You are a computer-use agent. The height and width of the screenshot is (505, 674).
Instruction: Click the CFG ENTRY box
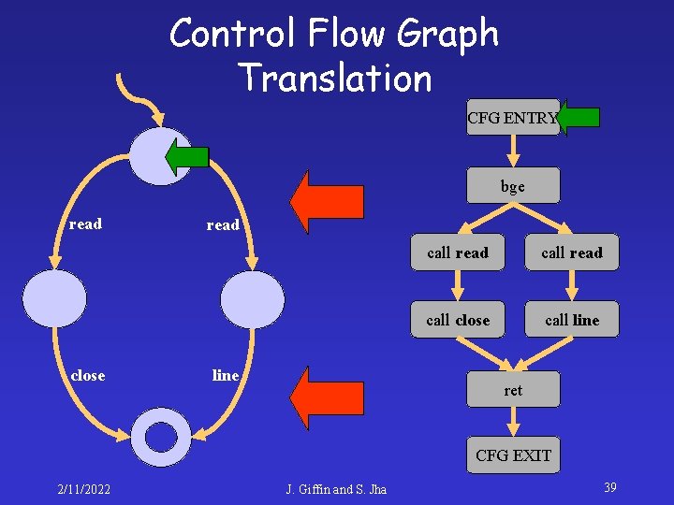click(512, 118)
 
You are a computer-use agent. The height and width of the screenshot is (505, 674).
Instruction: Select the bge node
click(513, 186)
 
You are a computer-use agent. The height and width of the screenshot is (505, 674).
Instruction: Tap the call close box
click(458, 320)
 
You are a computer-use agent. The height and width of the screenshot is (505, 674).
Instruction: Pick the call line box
click(572, 320)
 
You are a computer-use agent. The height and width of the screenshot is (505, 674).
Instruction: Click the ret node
click(513, 390)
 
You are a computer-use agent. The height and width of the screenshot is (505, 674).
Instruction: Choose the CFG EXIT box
click(513, 455)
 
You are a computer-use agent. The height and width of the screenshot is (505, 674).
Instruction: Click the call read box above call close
click(458, 252)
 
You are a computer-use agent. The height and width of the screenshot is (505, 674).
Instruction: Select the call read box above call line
click(572, 252)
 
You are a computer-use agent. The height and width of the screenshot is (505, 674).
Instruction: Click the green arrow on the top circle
click(187, 156)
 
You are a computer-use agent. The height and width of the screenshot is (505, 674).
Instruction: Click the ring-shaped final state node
click(161, 437)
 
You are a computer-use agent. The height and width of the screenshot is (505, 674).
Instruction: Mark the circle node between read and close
click(54, 298)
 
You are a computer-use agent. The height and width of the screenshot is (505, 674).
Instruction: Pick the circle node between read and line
click(252, 298)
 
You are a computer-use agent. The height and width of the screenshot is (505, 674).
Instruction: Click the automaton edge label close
click(88, 375)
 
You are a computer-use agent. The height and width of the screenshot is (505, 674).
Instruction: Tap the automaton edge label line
click(226, 375)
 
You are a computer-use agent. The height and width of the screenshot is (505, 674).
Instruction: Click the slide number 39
click(609, 487)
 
